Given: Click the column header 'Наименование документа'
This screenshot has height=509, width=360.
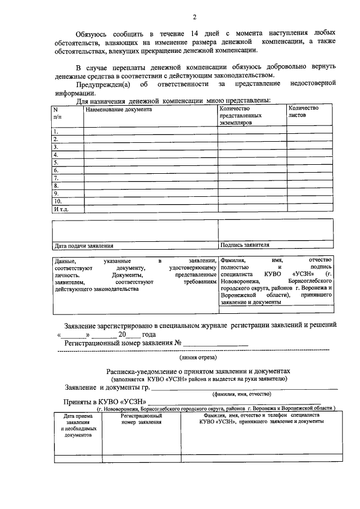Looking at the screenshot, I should (119, 109).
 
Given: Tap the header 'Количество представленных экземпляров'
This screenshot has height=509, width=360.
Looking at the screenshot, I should (242, 115).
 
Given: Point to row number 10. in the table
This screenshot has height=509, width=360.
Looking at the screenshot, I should (57, 201).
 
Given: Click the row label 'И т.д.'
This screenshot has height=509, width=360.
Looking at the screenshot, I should (61, 209).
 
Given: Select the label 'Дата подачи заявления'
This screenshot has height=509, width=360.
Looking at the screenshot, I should (83, 245).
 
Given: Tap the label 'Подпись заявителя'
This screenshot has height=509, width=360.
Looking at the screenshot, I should (245, 245).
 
